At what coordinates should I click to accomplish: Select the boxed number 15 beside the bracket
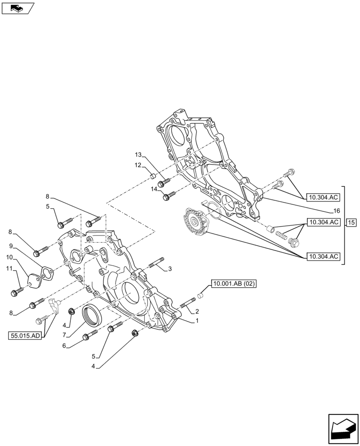351,222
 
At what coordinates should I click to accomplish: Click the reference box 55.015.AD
25,336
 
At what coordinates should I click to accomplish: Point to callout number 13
138,155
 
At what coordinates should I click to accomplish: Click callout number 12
138,165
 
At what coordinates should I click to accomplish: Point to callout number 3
170,269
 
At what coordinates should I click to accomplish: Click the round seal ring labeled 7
94,316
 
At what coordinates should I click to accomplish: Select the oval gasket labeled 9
47,272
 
